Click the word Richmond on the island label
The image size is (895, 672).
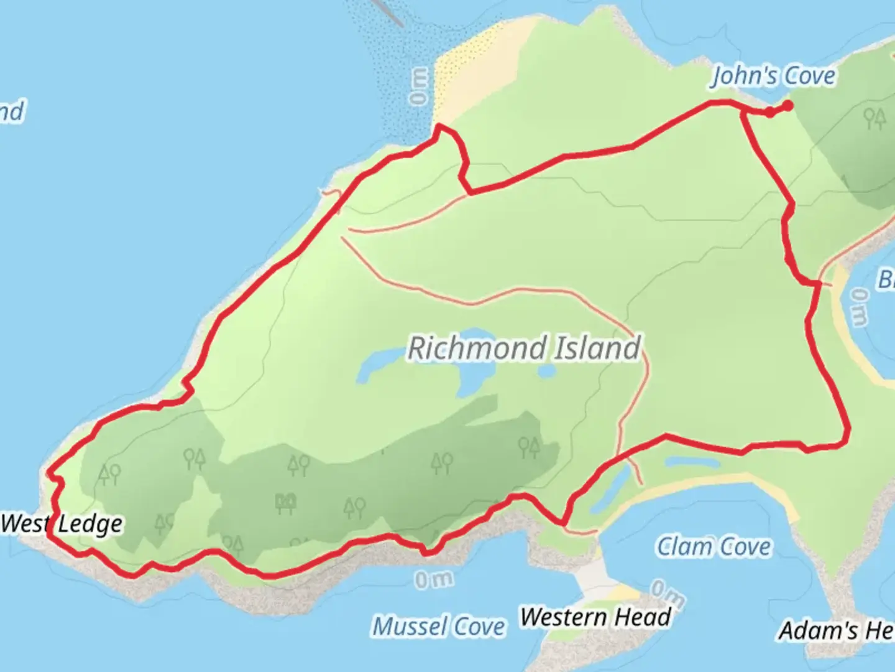pyautogui.click(x=477, y=348)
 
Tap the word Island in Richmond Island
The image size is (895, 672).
pyautogui.click(x=597, y=347)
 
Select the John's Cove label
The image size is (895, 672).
pyautogui.click(x=773, y=76)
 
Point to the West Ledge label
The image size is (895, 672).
pyautogui.click(x=62, y=524)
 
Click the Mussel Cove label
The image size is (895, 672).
pyautogui.click(x=438, y=627)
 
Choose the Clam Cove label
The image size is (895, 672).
pyautogui.click(x=714, y=547)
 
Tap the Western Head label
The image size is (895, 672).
pyautogui.click(x=596, y=617)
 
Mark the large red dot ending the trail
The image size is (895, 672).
pyautogui.click(x=787, y=106)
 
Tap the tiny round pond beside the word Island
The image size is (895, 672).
pyautogui.click(x=546, y=371)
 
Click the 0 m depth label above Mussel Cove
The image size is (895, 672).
pyautogui.click(x=434, y=580)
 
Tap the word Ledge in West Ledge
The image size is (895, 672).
pyautogui.click(x=91, y=525)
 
